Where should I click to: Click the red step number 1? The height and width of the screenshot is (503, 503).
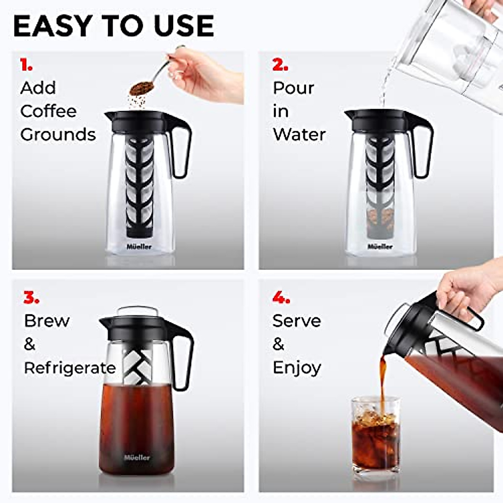[x=26, y=65]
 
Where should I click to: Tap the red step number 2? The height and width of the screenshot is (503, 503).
[x=280, y=65]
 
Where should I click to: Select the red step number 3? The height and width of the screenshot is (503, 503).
[x=31, y=298]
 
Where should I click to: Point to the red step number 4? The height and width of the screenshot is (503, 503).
[x=281, y=298]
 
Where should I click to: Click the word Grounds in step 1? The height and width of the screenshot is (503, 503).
[x=58, y=135]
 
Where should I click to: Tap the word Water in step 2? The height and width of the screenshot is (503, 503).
[x=299, y=135]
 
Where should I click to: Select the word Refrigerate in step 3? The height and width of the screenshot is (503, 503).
[x=70, y=368]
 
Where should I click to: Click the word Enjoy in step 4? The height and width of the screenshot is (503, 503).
[x=297, y=368]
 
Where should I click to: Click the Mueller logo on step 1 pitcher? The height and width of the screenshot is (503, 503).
[x=139, y=246]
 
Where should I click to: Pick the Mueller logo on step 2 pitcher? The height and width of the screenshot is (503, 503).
[x=380, y=246]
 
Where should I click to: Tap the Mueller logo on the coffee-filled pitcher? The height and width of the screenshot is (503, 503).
[x=137, y=457]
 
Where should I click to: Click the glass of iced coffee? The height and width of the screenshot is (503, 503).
[x=375, y=436]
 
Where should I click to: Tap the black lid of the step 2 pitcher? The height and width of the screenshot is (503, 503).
[x=379, y=119]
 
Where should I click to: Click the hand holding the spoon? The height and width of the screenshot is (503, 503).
[x=205, y=73]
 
